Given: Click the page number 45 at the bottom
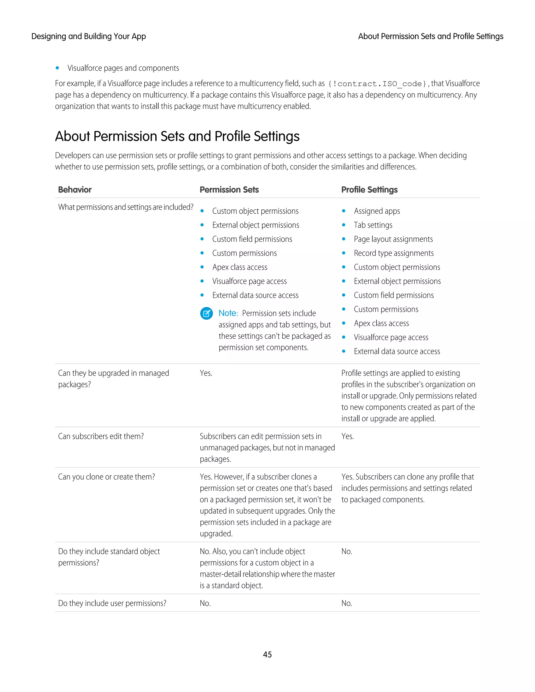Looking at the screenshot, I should click(x=267, y=654).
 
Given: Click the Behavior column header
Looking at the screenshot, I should click(x=75, y=190).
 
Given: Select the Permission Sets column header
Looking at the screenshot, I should click(x=229, y=190).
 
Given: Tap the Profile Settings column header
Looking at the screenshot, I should click(x=369, y=190).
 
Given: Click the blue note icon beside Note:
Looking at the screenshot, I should click(x=206, y=313).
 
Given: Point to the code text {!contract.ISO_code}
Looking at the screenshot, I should click(x=377, y=84).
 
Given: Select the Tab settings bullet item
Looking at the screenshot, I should click(x=373, y=225).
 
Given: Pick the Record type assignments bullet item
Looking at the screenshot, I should click(x=393, y=253).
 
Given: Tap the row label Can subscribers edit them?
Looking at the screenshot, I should click(x=101, y=436).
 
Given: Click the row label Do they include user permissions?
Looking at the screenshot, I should click(x=112, y=603).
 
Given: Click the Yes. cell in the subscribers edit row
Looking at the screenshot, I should click(x=347, y=436).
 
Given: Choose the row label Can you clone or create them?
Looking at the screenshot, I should click(x=107, y=477).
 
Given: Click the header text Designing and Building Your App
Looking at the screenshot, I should click(x=89, y=37).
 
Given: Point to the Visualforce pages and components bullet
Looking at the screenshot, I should click(x=123, y=68).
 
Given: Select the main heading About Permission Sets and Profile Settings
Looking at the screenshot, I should click(x=177, y=136).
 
